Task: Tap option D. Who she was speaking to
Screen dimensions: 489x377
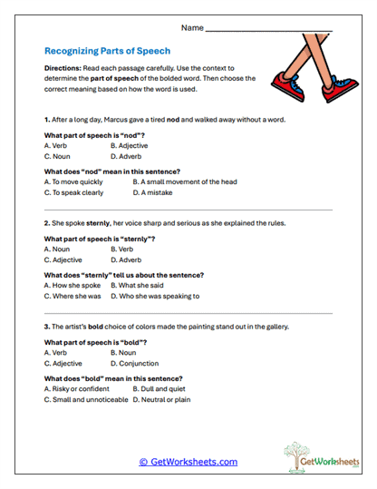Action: click(155, 296)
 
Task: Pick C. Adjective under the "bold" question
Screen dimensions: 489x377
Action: click(65, 363)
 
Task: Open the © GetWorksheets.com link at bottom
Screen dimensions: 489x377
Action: click(188, 462)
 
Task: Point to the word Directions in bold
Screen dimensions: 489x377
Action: click(63, 69)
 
